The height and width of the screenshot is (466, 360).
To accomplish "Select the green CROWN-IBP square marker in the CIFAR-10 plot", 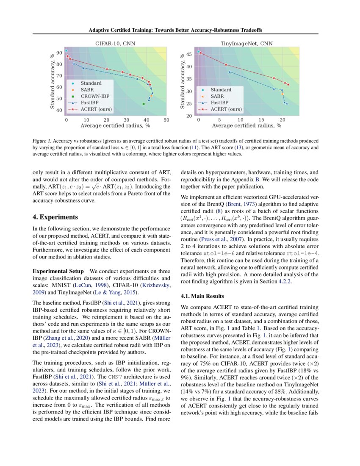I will point(144,104).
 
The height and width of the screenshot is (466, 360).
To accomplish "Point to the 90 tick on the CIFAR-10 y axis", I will point(59,53).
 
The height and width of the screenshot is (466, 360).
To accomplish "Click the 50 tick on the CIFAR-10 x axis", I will point(166,120).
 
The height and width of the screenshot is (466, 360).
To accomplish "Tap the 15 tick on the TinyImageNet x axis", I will point(261,120).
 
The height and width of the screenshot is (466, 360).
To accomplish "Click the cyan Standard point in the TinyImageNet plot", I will point(198,51).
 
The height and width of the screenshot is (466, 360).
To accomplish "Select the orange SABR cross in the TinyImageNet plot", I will point(282,94).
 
